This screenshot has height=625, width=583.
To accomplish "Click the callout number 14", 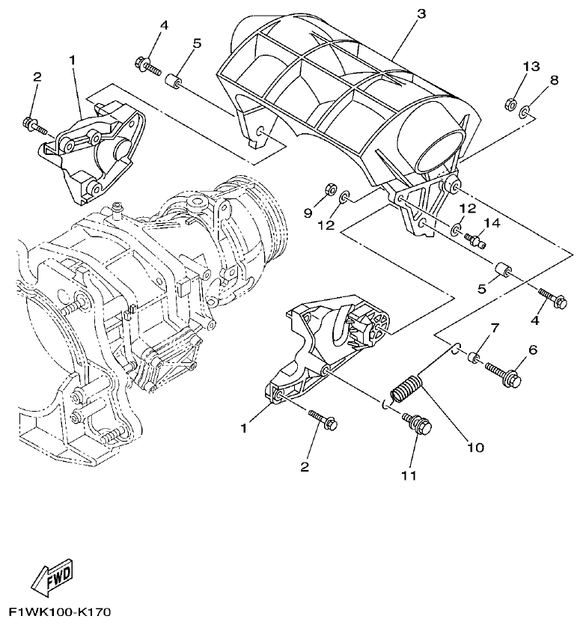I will pos(491,223).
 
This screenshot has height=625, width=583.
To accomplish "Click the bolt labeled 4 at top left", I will pos(147,67).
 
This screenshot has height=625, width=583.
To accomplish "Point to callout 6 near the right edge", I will pos(533,350).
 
